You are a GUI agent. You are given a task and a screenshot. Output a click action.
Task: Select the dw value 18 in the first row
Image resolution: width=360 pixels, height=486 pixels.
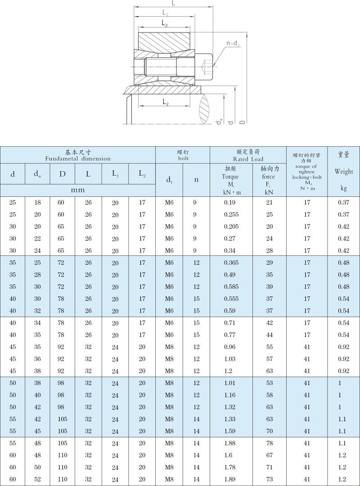pyautogui.click(x=38, y=203)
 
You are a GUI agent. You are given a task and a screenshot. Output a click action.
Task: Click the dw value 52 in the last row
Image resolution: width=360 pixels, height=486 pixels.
pyautogui.click(x=38, y=479)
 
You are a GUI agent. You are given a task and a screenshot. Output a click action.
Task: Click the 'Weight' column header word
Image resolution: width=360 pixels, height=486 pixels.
pyautogui.click(x=343, y=171)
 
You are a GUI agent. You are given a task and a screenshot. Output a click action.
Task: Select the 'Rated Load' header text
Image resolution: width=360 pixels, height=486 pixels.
pyautogui.click(x=248, y=159)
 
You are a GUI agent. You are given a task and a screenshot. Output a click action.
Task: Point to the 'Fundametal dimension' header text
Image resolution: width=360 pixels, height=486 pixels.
pyautogui.click(x=77, y=159)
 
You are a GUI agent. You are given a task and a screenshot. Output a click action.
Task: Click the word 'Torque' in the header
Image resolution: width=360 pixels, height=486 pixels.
pyautogui.click(x=230, y=177)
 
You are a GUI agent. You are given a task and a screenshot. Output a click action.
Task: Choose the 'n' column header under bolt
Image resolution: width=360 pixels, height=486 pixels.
pyautogui.click(x=196, y=180)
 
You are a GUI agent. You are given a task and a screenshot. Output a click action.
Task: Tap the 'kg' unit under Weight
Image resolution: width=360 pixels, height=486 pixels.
pyautogui.click(x=343, y=188)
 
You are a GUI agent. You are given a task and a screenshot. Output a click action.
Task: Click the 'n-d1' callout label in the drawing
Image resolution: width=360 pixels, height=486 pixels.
pyautogui.click(x=233, y=44)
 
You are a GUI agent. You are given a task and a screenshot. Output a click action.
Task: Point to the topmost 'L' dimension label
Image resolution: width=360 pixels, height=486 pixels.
pyautogui.click(x=173, y=3)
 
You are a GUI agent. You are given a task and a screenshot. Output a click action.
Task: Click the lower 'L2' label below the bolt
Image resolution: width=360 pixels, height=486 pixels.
pyautogui.click(x=165, y=103)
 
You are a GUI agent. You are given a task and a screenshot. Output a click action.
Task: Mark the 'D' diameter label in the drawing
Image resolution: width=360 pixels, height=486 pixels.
pyautogui.click(x=243, y=122)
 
